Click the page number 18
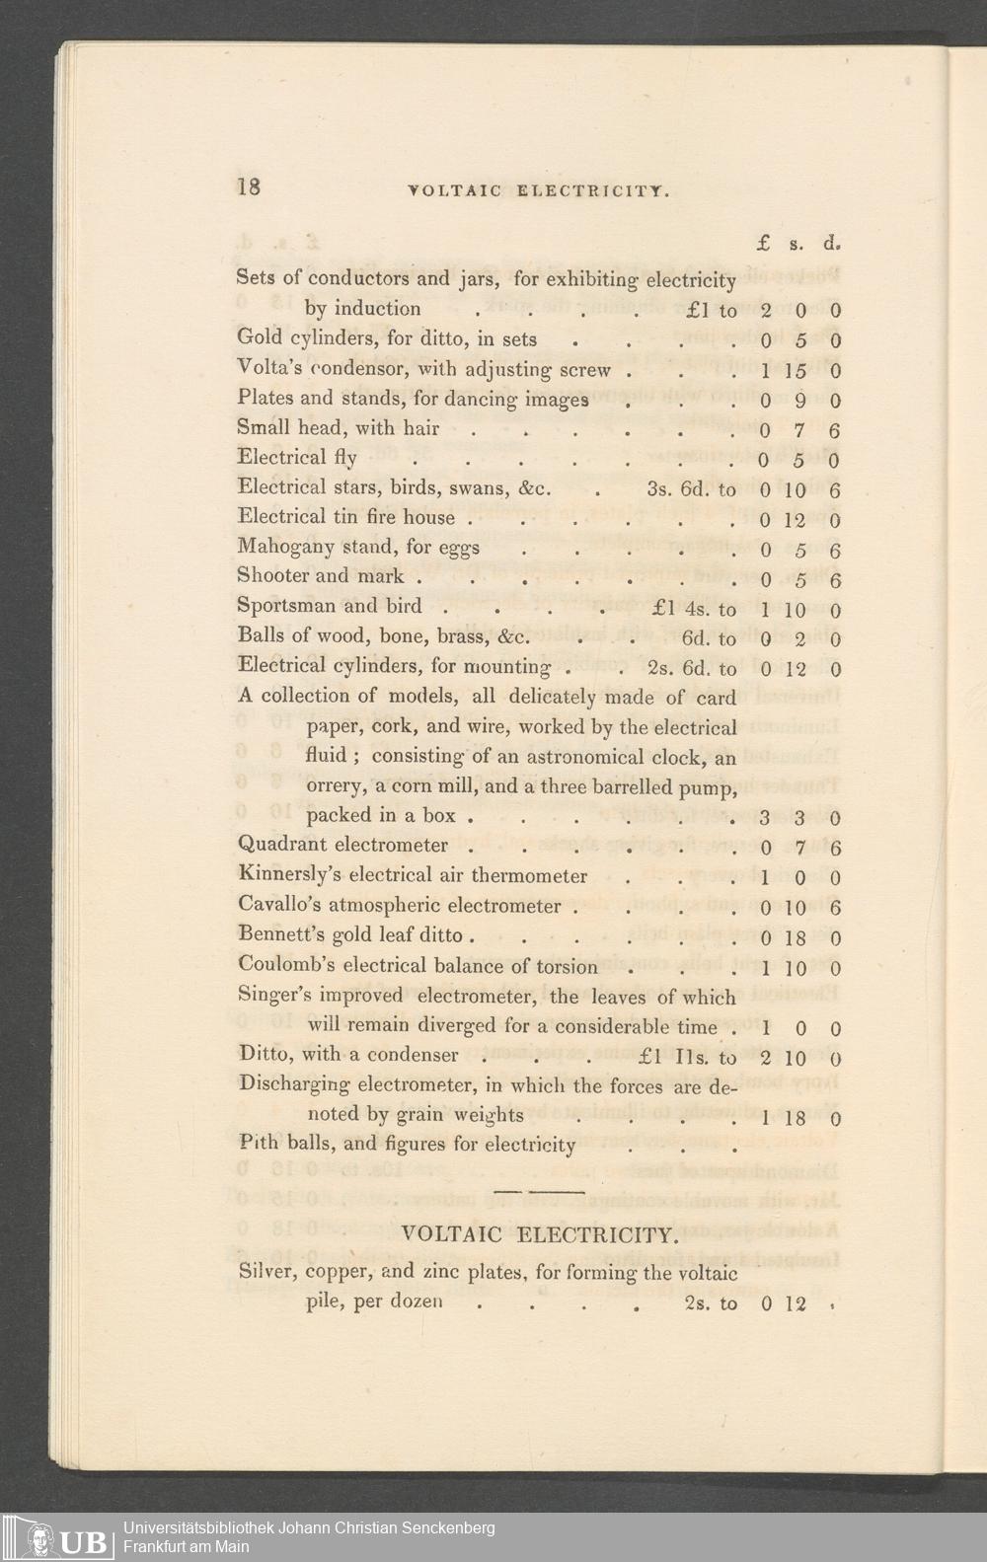tap(249, 186)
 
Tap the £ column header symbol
tap(764, 242)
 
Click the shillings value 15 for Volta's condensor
tap(796, 371)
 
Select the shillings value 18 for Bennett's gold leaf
tap(796, 938)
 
